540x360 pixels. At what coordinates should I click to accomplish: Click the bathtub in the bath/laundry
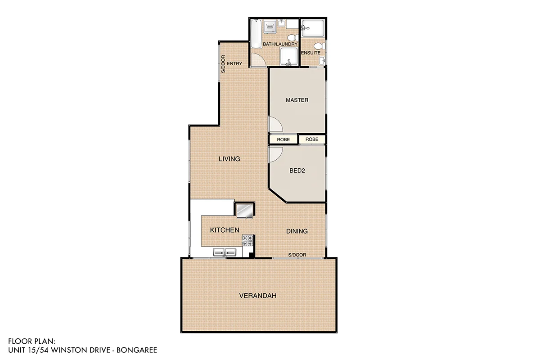tap(256, 34)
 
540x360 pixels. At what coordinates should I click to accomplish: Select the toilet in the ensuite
tap(319, 45)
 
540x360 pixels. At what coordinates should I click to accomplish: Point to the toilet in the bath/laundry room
tap(291, 37)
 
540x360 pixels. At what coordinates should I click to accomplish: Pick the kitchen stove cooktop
tap(247, 240)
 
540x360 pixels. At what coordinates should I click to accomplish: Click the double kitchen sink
tap(225, 253)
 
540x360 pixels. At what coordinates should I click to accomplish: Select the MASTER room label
tap(297, 100)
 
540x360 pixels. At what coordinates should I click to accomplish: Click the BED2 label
tap(297, 171)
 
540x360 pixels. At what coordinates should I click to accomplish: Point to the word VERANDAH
tap(257, 296)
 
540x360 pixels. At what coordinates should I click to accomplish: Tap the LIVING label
tap(229, 159)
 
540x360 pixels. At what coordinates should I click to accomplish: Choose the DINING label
tap(297, 231)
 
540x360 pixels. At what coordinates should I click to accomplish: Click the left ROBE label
tap(283, 139)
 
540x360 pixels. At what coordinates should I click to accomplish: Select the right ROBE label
tap(312, 139)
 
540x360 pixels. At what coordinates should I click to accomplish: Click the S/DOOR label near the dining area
tap(297, 255)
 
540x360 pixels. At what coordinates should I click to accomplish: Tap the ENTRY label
tap(234, 64)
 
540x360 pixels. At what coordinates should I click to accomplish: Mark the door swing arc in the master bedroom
tap(274, 123)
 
